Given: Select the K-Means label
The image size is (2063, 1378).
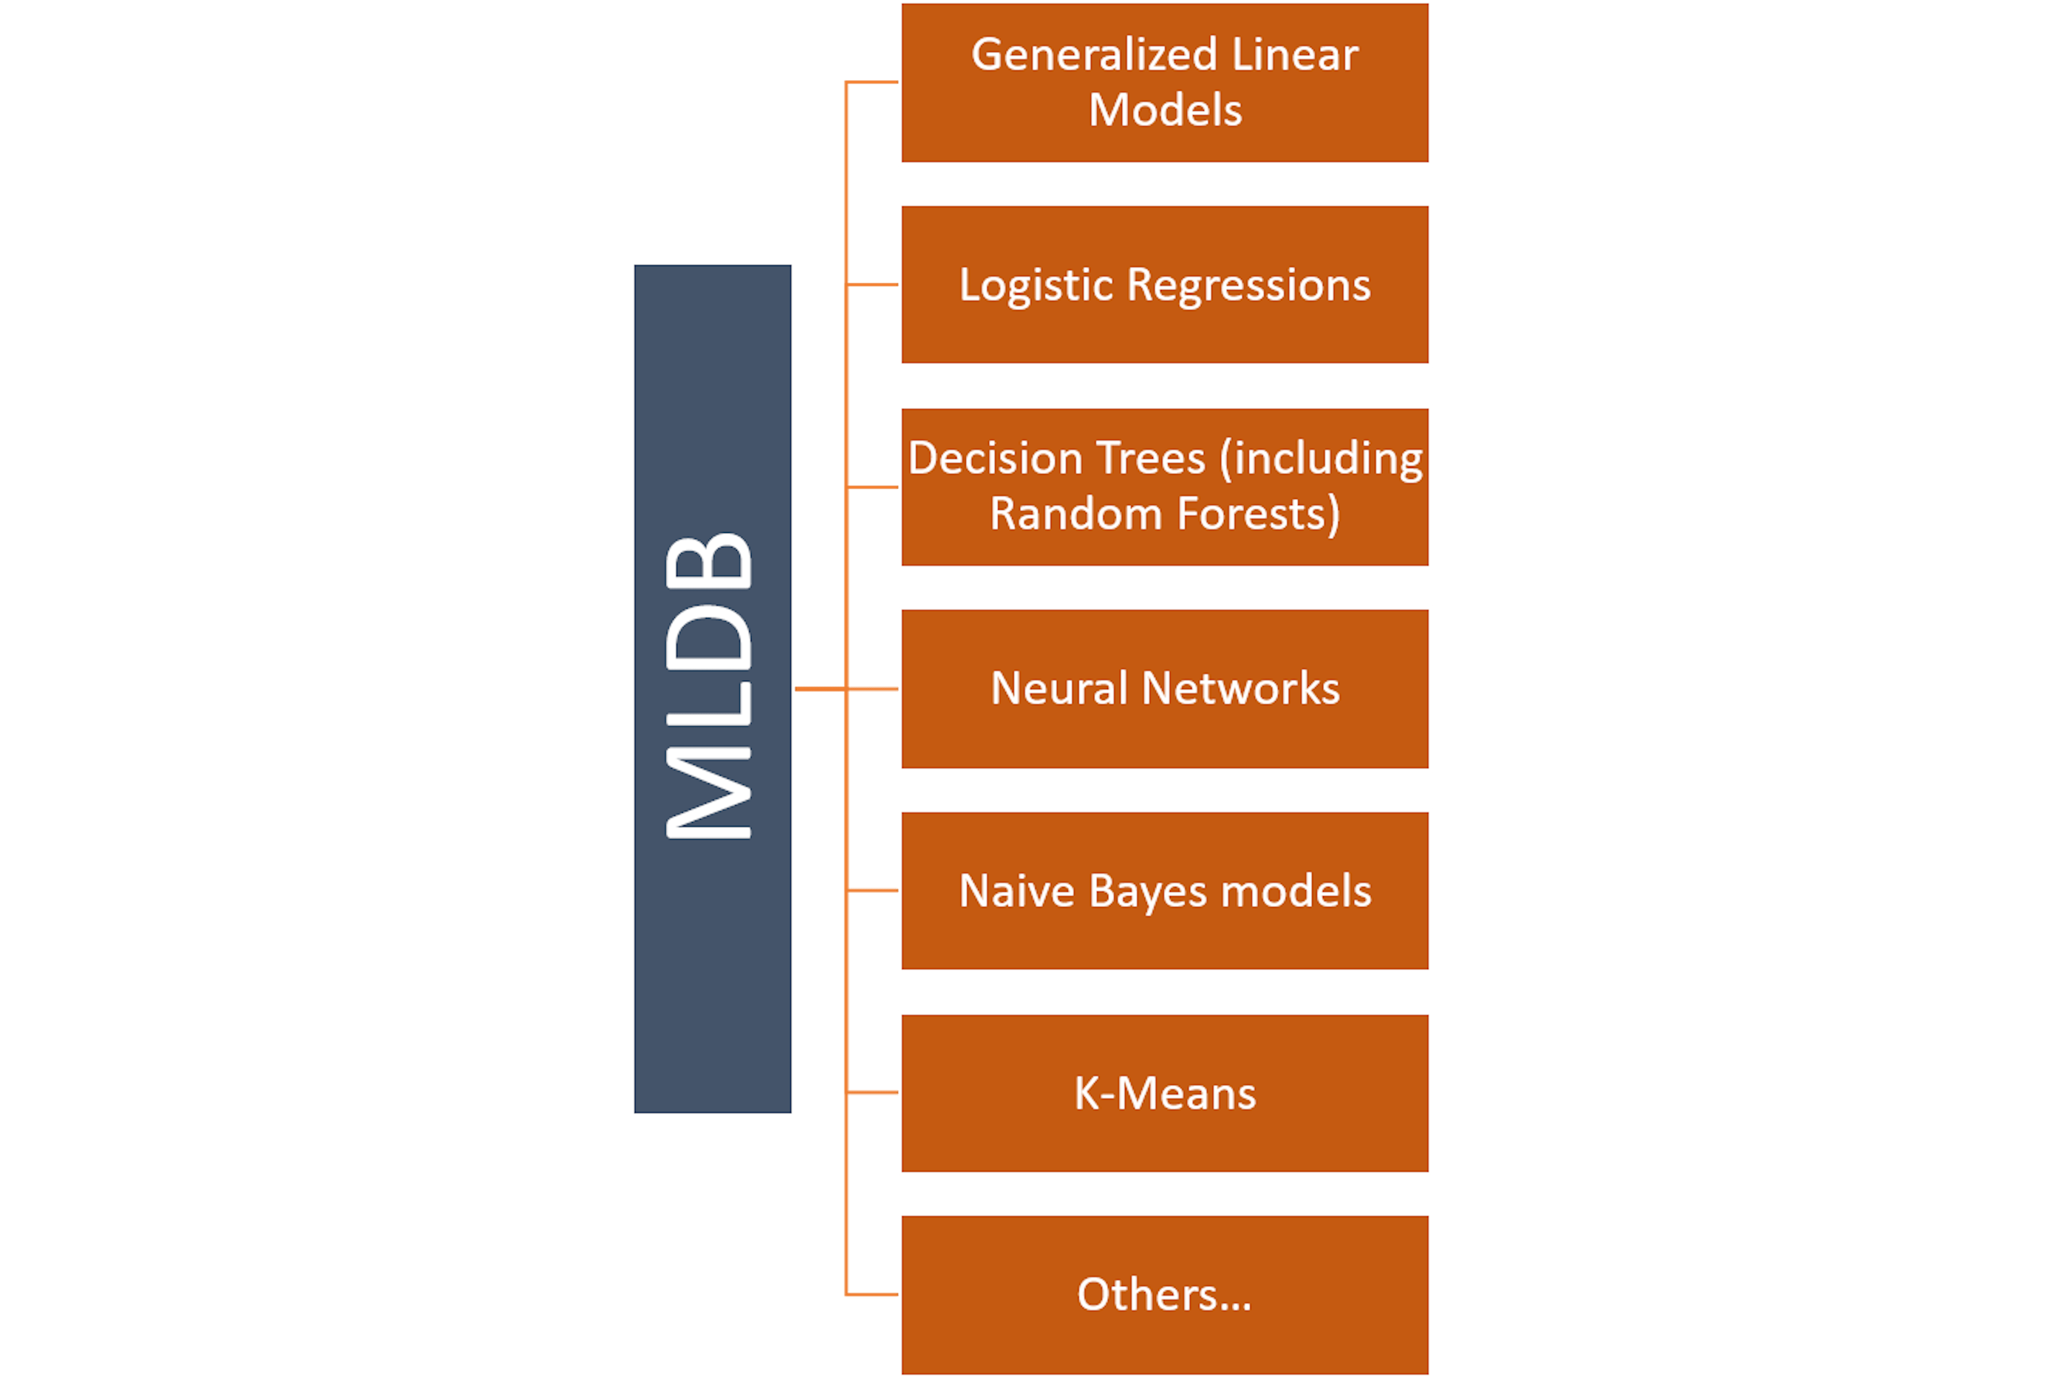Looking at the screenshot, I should [1165, 1093].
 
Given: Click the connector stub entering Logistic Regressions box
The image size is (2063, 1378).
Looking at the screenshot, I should [872, 285].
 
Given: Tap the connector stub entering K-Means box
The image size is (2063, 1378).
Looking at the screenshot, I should [872, 1092].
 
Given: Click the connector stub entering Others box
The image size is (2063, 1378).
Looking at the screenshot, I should [872, 1295].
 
